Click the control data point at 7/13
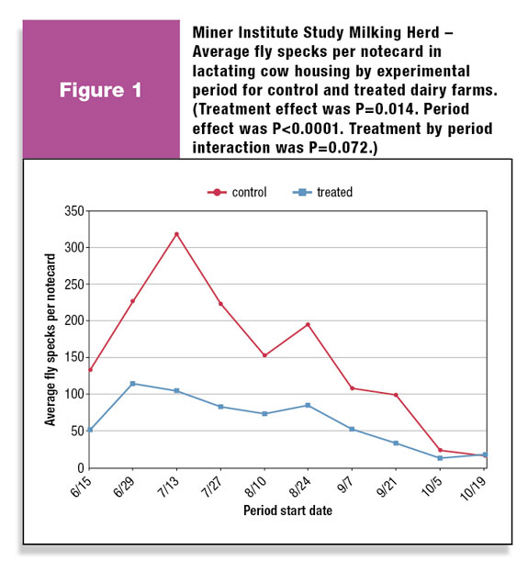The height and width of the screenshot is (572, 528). (x=176, y=234)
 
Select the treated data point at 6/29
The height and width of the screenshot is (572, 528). (x=133, y=384)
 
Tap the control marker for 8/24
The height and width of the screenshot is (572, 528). (x=308, y=324)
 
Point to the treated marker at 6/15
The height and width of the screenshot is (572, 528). (x=90, y=430)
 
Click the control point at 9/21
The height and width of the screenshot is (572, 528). (x=396, y=395)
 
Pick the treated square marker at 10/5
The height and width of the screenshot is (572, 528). (x=440, y=458)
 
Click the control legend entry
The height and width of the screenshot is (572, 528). (x=237, y=192)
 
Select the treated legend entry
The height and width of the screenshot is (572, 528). (x=322, y=192)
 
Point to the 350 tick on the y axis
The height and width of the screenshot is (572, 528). (x=74, y=211)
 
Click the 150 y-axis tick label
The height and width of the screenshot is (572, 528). (x=74, y=357)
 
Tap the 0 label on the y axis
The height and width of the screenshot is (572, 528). (x=81, y=467)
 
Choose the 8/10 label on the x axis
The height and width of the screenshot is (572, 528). (x=255, y=487)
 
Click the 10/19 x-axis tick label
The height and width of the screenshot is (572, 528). (x=473, y=488)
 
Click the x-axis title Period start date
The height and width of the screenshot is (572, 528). (x=287, y=510)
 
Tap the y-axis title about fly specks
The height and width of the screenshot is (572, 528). (x=50, y=340)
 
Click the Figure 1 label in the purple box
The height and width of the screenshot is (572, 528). (x=101, y=90)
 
